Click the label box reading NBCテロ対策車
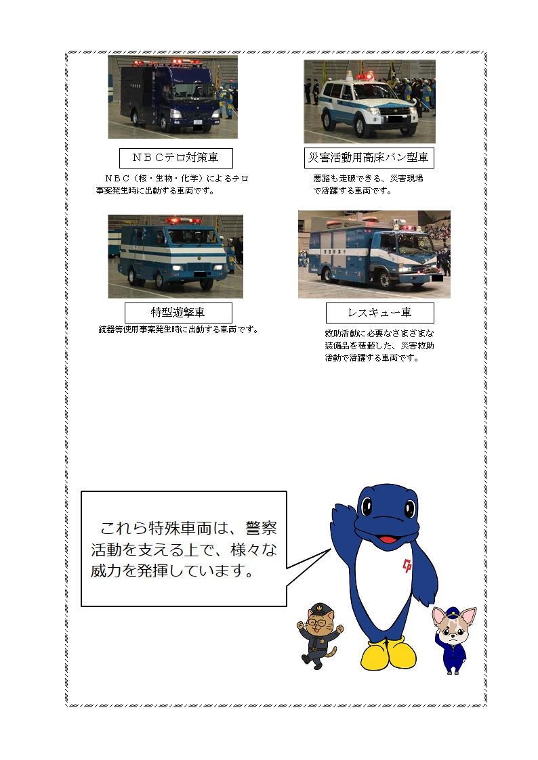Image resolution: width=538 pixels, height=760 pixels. point(176,158)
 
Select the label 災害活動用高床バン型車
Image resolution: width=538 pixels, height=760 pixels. point(369,158)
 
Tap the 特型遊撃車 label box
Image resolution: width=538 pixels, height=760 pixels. point(178,313)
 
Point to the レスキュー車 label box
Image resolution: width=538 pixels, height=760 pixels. point(380,313)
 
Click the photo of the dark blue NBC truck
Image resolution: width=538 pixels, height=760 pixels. point(173,97)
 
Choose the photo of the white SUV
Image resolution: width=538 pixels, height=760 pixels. point(370,102)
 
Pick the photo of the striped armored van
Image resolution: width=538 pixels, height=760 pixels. point(175,256)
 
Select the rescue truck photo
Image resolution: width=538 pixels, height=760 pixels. point(374,254)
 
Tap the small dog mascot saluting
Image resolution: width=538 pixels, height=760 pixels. point(454,640)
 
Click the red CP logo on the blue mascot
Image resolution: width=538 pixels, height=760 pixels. point(407,565)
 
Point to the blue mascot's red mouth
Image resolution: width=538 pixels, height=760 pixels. point(388,538)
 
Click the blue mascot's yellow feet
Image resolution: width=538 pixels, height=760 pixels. point(388,654)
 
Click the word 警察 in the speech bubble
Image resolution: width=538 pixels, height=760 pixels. point(261,528)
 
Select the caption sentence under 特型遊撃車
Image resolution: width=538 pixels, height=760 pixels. point(178,330)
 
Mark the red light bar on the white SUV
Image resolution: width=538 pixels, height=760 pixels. point(365,76)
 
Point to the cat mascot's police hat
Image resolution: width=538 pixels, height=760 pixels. point(318,608)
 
